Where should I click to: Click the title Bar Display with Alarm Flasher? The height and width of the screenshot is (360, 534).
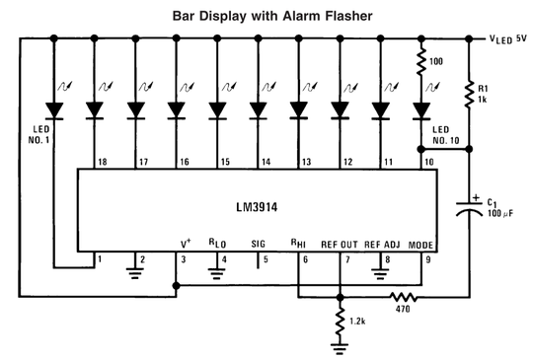[x=272, y=16]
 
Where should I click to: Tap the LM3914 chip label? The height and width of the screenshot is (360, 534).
[x=257, y=207]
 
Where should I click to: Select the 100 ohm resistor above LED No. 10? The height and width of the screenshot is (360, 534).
[x=421, y=61]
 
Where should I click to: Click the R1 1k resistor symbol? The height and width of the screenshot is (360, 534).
[x=469, y=95]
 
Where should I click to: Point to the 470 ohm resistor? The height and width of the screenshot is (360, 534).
[x=404, y=297]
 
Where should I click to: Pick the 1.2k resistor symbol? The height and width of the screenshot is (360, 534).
[x=340, y=322]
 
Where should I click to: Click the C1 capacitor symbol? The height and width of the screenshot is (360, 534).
[x=469, y=208]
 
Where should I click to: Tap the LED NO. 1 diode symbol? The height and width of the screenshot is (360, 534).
[x=54, y=111]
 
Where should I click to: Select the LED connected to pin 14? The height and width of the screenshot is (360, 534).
[x=259, y=111]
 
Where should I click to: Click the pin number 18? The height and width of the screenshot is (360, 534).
[x=103, y=162]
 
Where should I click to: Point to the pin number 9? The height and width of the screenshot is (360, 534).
[x=428, y=259]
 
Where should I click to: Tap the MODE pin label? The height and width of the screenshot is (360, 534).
[x=420, y=245]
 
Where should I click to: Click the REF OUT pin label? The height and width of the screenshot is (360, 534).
[x=340, y=245]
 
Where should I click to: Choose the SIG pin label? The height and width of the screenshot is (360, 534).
[x=259, y=244]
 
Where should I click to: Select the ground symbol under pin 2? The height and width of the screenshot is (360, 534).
[x=135, y=273]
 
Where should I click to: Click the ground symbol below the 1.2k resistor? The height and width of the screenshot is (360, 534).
[x=340, y=349]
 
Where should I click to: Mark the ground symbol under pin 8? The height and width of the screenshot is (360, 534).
[x=380, y=273]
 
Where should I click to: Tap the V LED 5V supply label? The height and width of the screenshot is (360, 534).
[x=507, y=39]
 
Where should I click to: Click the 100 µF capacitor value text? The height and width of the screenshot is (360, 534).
[x=499, y=213]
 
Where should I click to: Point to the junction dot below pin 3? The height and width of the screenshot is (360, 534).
[x=176, y=285]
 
